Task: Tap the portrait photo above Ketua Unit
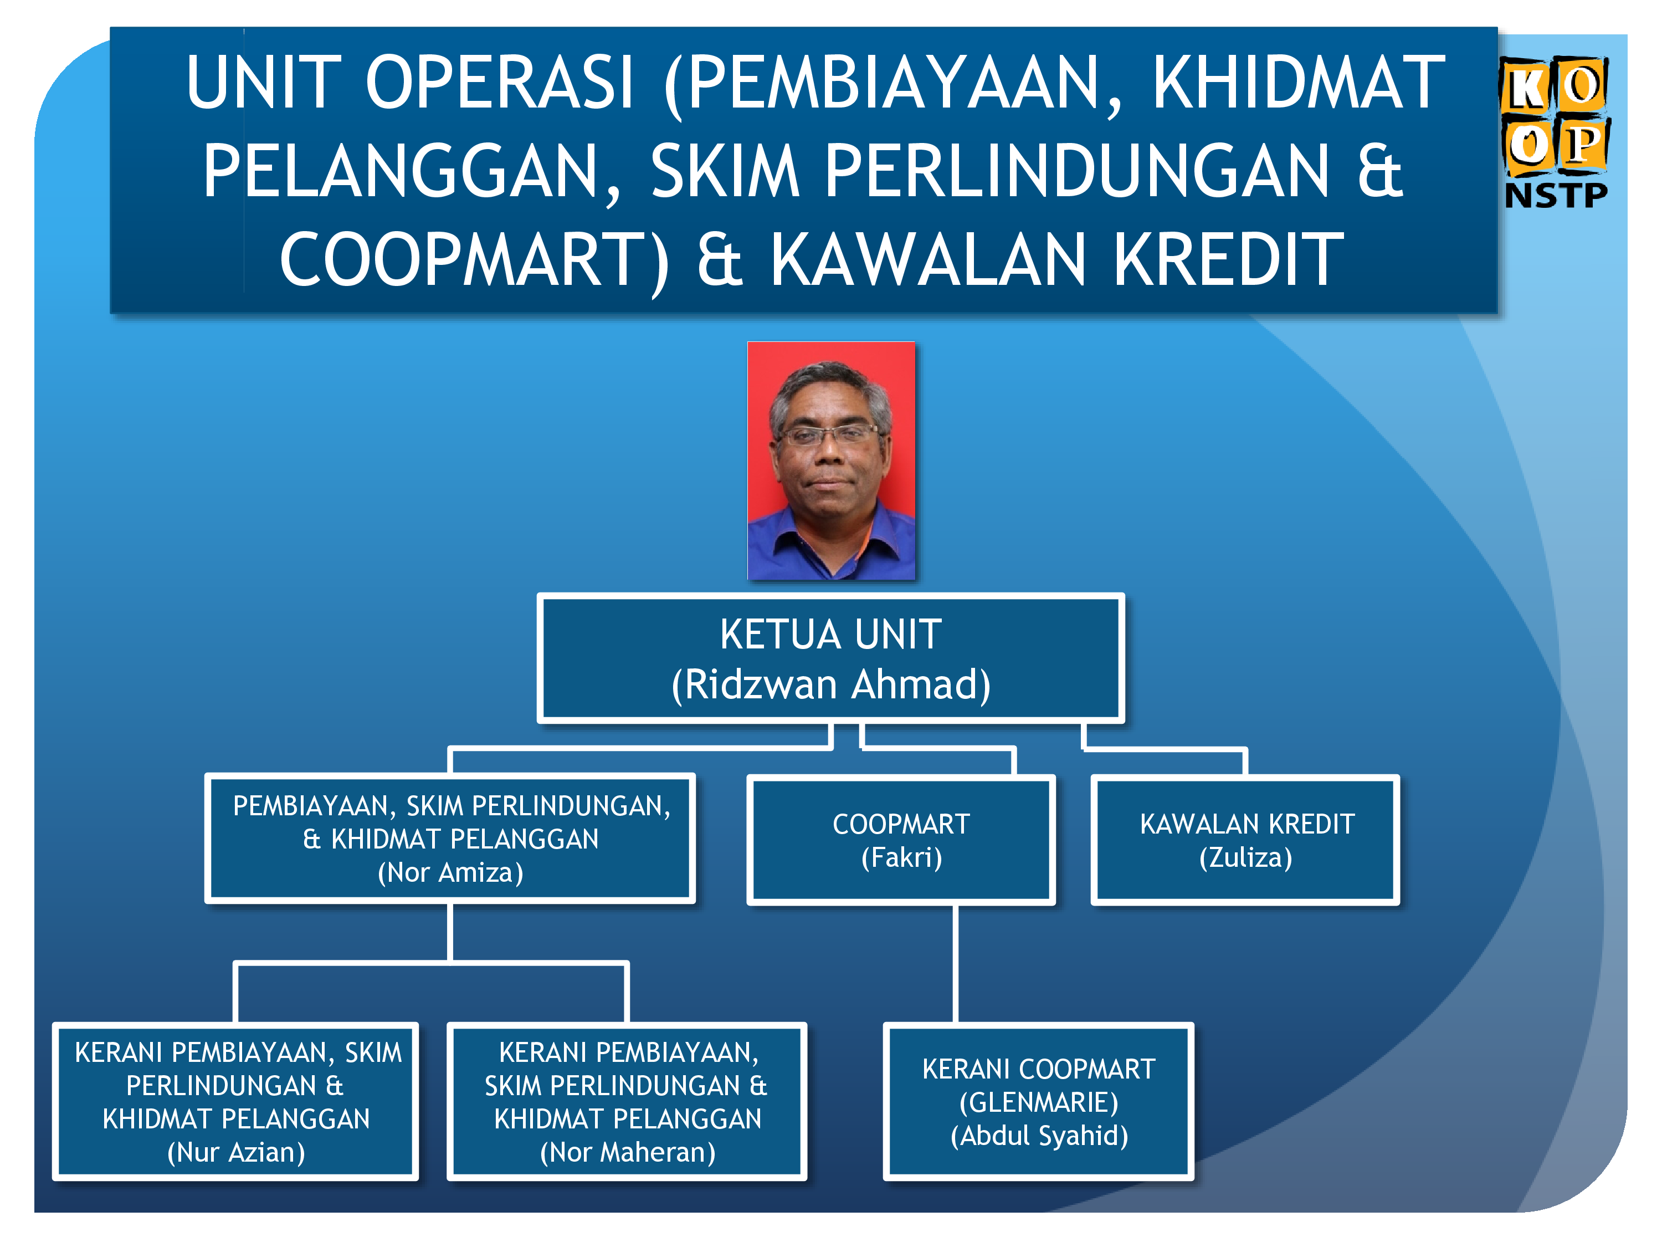pyautogui.click(x=831, y=461)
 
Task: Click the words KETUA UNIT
pyautogui.click(x=831, y=633)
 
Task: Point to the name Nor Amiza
pyautogui.click(x=450, y=872)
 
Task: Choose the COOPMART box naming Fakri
pyautogui.click(x=901, y=840)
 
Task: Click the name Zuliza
pyautogui.click(x=1246, y=857)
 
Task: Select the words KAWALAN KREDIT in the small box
pyautogui.click(x=1247, y=824)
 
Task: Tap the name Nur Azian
pyautogui.click(x=236, y=1152)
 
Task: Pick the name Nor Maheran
pyautogui.click(x=627, y=1152)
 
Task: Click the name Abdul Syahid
pyautogui.click(x=1039, y=1135)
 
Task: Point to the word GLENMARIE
pyautogui.click(x=1039, y=1102)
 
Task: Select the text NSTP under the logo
pyautogui.click(x=1556, y=195)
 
